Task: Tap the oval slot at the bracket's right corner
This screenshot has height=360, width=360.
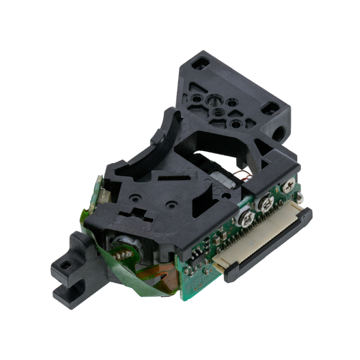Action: [x=268, y=109]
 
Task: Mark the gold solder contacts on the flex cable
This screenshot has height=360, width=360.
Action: [x=122, y=251]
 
